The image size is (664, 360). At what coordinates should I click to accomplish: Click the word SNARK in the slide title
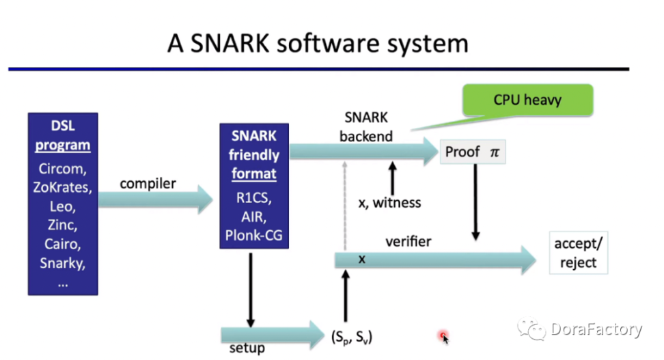click(x=230, y=43)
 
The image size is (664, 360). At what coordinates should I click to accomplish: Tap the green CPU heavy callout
click(x=527, y=100)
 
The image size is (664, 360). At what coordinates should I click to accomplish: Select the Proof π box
click(x=473, y=152)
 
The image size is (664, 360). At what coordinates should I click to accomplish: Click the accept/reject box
click(x=579, y=253)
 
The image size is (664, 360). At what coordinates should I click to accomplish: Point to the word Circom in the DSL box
click(x=62, y=169)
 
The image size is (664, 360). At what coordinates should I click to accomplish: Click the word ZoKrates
click(x=62, y=188)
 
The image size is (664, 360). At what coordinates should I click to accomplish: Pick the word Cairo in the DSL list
click(x=62, y=245)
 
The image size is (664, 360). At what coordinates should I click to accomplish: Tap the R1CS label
click(x=253, y=198)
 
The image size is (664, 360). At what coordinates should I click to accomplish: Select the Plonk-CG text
click(x=253, y=235)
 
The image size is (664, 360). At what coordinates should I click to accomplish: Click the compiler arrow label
click(x=148, y=184)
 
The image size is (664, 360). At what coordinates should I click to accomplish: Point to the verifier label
click(x=409, y=241)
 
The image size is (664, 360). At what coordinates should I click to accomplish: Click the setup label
click(x=247, y=348)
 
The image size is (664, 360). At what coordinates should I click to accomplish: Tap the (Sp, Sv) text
click(x=352, y=337)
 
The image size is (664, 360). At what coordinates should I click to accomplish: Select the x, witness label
click(x=389, y=203)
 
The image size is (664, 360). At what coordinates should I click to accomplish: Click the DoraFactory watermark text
click(x=596, y=329)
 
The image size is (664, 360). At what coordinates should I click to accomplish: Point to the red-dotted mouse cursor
click(x=444, y=337)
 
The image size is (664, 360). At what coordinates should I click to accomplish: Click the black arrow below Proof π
click(x=475, y=202)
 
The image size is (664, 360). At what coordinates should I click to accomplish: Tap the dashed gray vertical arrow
click(x=345, y=206)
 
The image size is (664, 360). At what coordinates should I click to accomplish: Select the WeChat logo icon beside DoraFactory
click(x=531, y=329)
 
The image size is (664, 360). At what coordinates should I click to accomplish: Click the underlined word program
click(x=63, y=146)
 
